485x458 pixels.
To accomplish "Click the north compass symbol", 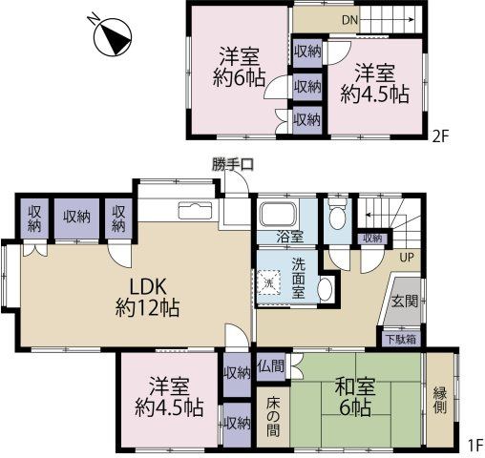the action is pos(113,36).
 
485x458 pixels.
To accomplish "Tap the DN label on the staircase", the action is pos(350,20).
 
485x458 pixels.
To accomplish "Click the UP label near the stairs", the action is pos(407,257).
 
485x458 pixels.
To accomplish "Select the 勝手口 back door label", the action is pos(233,165).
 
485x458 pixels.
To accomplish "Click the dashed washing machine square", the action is pos(269,282).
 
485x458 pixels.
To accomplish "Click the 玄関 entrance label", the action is pos(404,301).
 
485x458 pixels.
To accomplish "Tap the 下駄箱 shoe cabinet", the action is pos(401,340).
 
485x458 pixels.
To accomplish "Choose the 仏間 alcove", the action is pos(271,366).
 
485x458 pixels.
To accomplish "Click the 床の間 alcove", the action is pos(273,417).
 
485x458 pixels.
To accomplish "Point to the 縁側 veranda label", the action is pos(440,402).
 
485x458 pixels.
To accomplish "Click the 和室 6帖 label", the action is pos(355,396).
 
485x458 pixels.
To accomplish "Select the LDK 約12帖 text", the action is pos(148,297).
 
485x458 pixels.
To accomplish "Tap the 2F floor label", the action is pos(440,137).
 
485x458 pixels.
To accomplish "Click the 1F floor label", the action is pos(475,446).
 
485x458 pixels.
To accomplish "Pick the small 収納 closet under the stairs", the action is pos(372,239).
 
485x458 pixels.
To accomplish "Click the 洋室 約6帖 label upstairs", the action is pos(239,68).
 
